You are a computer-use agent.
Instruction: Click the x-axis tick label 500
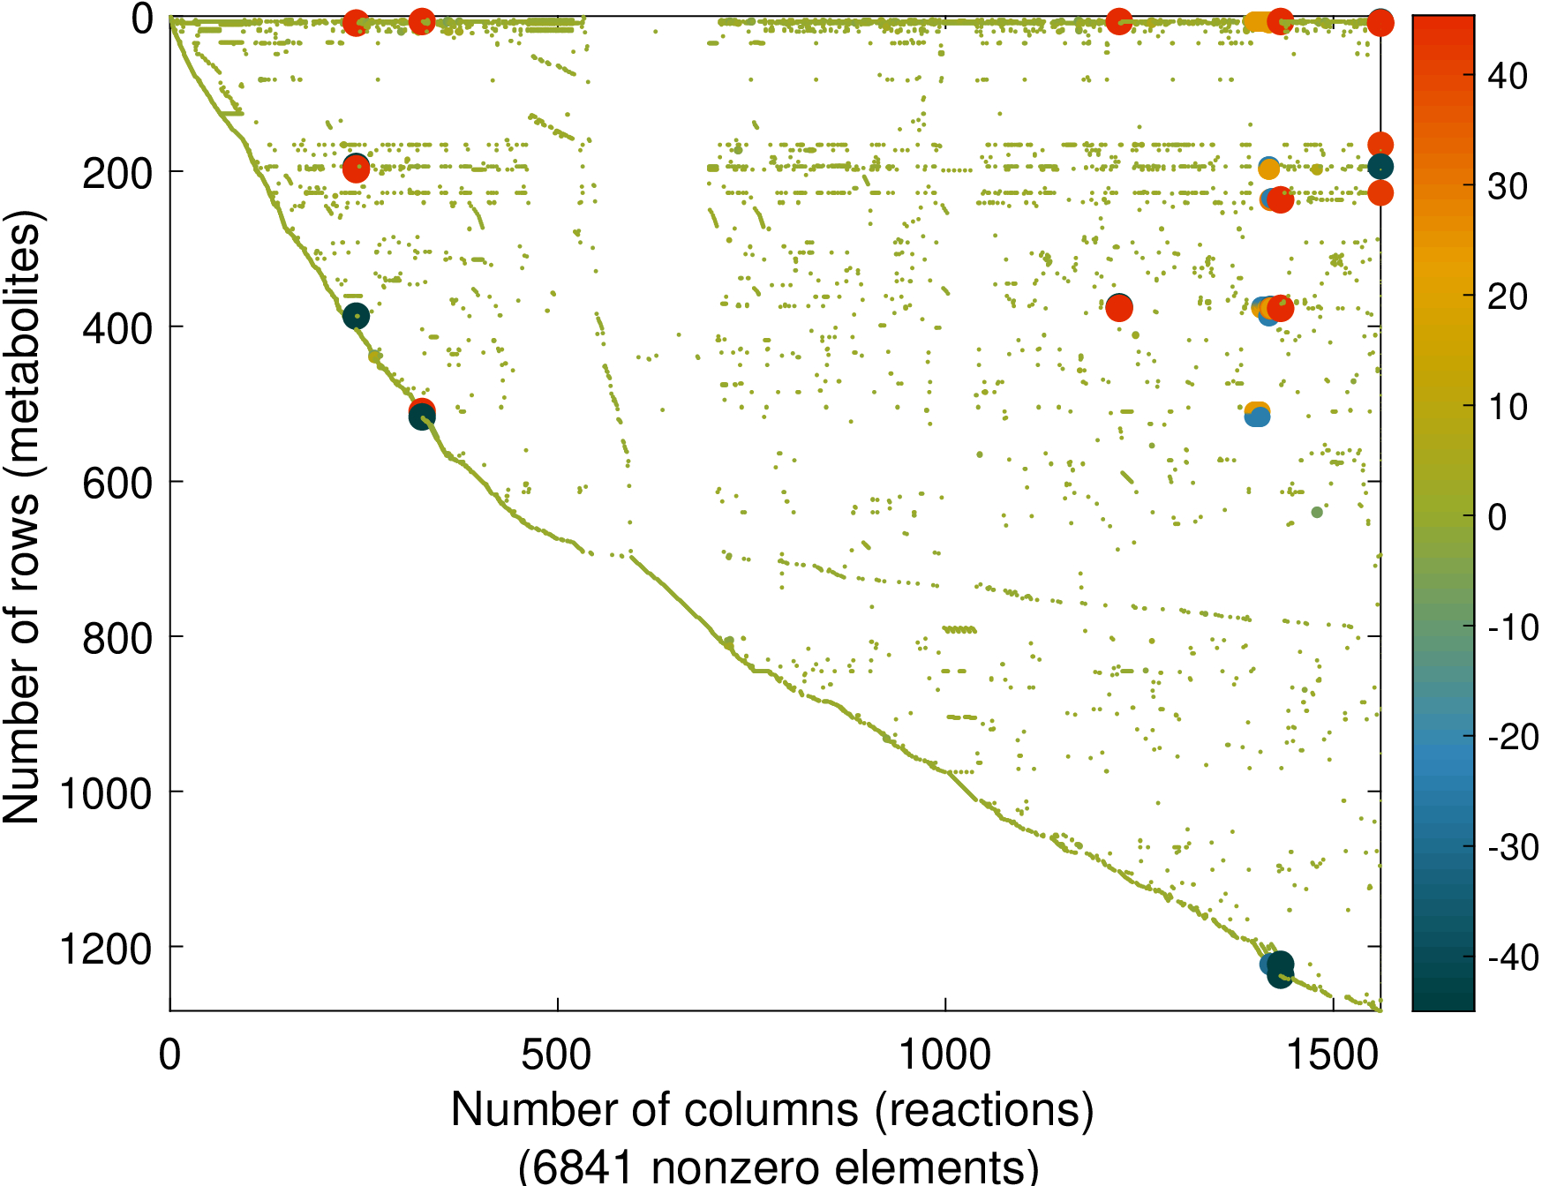(556, 1055)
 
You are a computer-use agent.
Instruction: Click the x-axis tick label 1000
(944, 1055)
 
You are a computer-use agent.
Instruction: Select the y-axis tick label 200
(117, 174)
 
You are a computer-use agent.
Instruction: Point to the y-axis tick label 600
(117, 484)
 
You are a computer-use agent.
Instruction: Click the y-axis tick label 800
(117, 639)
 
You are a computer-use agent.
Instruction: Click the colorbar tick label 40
(1508, 77)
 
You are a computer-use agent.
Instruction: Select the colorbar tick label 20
(1508, 297)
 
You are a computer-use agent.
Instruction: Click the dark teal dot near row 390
(356, 316)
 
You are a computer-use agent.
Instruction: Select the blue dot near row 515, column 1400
(1257, 417)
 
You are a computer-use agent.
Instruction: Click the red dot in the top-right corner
(1380, 23)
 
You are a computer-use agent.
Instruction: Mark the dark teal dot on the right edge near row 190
(1380, 167)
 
